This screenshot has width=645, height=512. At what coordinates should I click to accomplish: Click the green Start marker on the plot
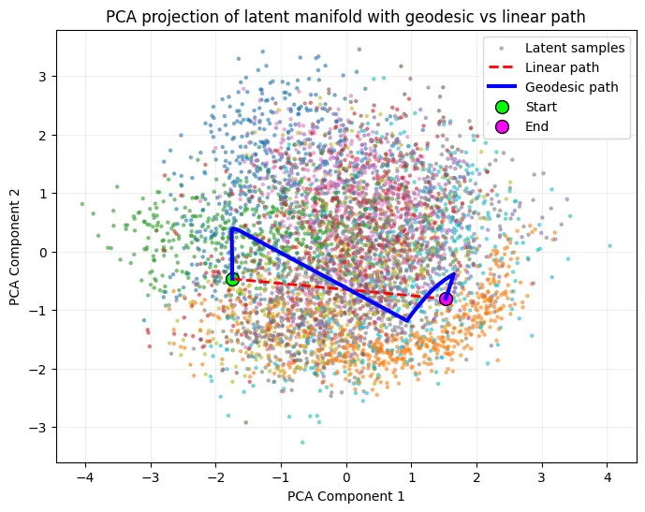point(232,279)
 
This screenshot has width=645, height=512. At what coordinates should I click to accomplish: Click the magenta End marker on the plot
point(447,299)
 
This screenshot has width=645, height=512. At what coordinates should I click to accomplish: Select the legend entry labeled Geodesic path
point(571,87)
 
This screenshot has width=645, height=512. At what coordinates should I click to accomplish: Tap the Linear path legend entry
point(562,67)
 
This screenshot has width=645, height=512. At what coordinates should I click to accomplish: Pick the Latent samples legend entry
point(571,48)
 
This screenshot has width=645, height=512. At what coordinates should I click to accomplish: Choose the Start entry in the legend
point(542,107)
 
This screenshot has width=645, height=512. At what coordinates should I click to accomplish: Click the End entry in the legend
point(537,126)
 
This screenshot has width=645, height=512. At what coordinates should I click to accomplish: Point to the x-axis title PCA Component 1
point(346,496)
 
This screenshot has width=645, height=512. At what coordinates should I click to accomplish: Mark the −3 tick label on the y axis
point(39,428)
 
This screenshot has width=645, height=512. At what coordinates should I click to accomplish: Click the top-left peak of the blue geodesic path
point(232,228)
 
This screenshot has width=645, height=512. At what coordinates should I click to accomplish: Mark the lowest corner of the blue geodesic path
point(407,321)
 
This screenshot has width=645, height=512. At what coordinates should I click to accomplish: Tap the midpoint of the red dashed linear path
point(339,289)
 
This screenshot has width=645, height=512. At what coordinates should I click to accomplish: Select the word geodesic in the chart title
point(394,15)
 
